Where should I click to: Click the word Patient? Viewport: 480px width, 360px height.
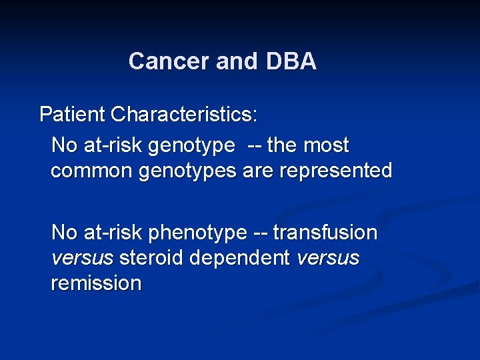click(x=73, y=114)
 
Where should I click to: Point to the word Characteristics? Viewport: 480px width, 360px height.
click(x=184, y=114)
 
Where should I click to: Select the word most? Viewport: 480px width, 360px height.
click(x=327, y=145)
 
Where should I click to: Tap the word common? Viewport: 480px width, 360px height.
click(x=92, y=171)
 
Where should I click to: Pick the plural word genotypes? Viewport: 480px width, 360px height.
click(x=187, y=171)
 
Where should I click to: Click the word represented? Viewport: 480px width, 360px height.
click(x=336, y=171)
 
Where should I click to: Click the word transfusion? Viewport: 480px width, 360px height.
click(x=325, y=233)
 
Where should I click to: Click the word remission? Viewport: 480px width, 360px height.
click(x=96, y=283)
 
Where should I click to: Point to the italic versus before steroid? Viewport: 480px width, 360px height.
click(x=82, y=258)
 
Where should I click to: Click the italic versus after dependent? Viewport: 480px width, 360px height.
click(x=329, y=258)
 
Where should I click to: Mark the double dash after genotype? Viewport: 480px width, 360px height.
click(x=254, y=145)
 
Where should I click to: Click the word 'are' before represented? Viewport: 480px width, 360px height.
click(x=259, y=171)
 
